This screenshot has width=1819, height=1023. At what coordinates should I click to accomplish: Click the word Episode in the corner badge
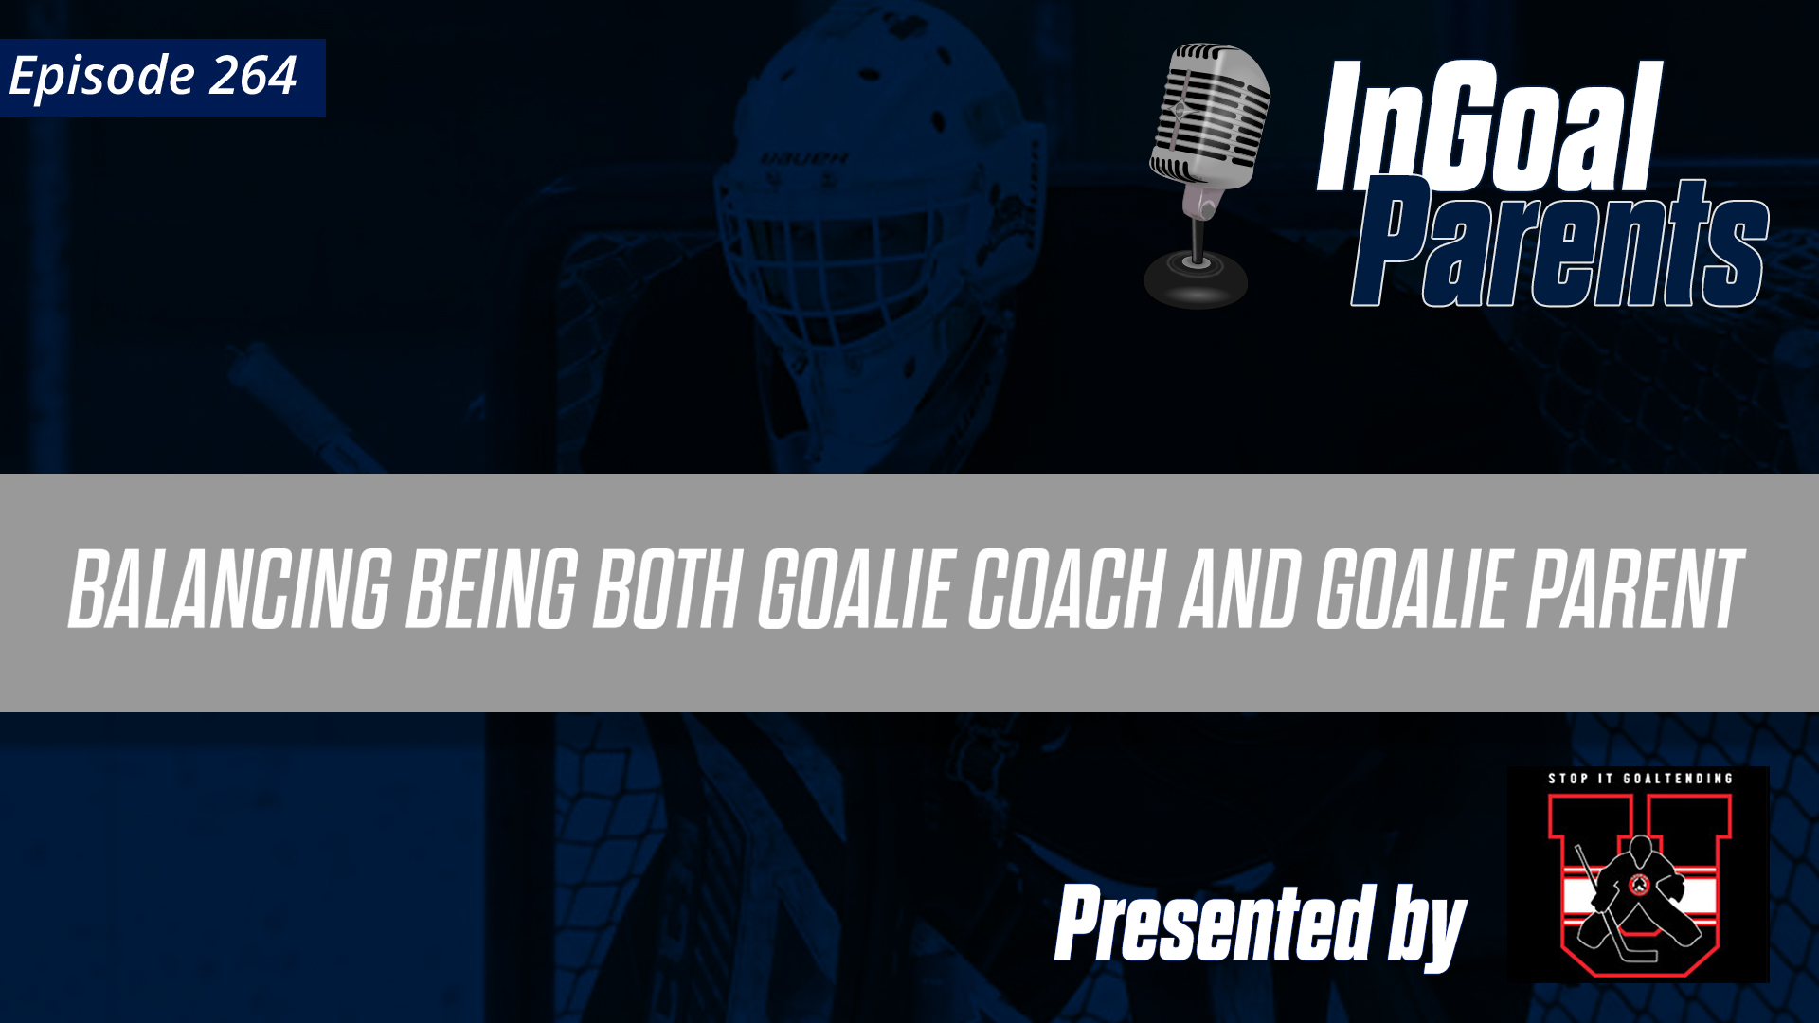click(101, 76)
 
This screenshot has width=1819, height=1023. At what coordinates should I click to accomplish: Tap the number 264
click(253, 76)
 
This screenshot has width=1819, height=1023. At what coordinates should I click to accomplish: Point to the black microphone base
click(1196, 279)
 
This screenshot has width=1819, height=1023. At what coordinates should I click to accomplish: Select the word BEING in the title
click(491, 589)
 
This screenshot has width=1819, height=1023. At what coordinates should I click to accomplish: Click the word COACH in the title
click(1066, 589)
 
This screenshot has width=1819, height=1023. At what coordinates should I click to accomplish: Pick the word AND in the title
click(1238, 589)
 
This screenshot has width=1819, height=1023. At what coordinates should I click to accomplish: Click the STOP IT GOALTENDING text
click(1640, 779)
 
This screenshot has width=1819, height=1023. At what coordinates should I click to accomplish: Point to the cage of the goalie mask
click(834, 265)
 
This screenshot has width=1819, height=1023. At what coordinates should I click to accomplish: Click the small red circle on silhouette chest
click(1639, 885)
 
